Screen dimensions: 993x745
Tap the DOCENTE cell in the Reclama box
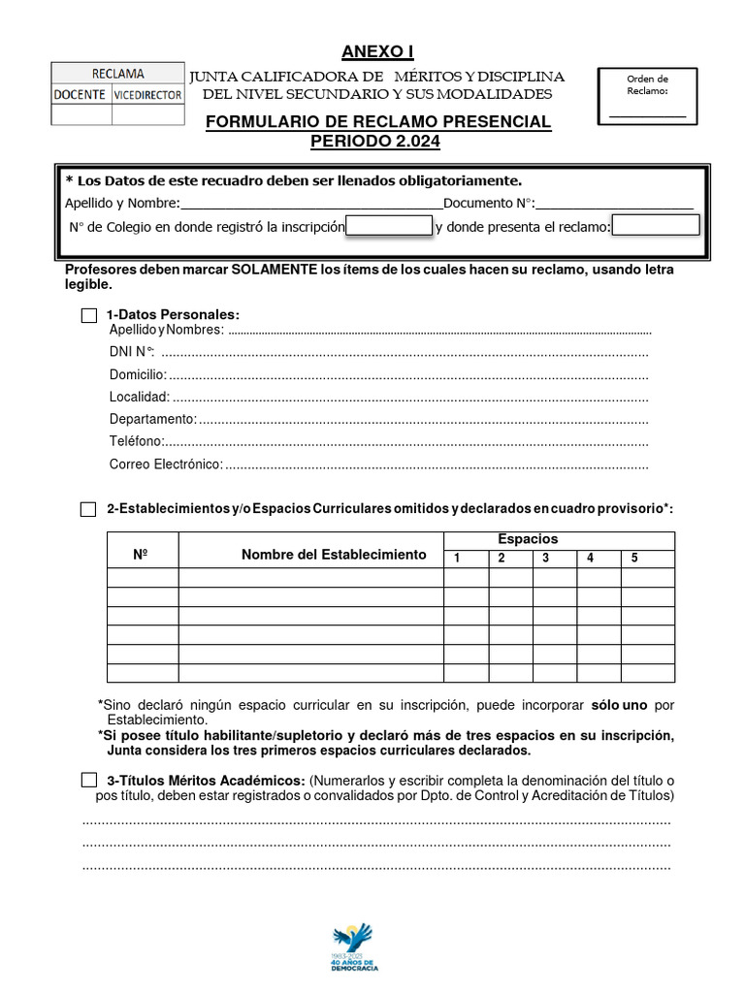click(x=81, y=95)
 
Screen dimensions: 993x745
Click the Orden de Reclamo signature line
click(x=647, y=116)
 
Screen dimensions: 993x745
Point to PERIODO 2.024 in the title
click(x=376, y=142)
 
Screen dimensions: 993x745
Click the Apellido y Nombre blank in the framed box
click(x=310, y=205)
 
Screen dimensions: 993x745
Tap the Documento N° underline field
click(x=614, y=205)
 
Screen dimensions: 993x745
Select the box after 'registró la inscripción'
click(x=389, y=226)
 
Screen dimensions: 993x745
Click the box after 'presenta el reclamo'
click(x=656, y=226)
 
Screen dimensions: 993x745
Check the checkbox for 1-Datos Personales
click(x=89, y=315)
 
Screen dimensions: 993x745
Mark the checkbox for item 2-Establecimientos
click(x=88, y=509)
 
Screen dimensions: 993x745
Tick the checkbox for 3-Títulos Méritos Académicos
click(x=89, y=780)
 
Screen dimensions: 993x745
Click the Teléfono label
click(x=136, y=441)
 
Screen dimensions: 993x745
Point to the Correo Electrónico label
click(x=166, y=464)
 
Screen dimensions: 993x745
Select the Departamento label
click(x=152, y=419)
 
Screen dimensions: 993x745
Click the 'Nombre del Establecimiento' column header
click(x=334, y=555)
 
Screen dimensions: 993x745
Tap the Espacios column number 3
click(x=546, y=558)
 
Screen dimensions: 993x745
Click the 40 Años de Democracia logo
click(x=354, y=946)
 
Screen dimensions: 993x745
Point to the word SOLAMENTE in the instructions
click(x=274, y=270)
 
